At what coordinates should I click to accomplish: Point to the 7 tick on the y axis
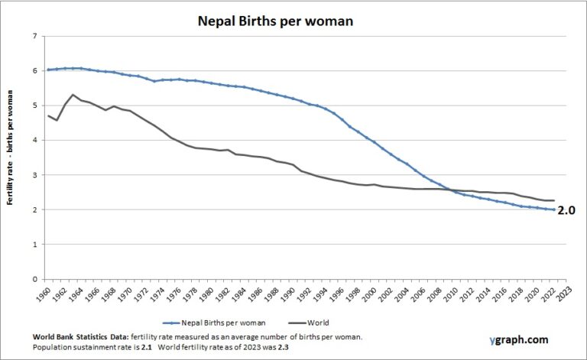click(35, 36)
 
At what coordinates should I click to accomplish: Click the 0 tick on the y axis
click(35, 279)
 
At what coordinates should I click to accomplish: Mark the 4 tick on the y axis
click(35, 140)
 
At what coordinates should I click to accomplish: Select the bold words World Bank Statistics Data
click(80, 336)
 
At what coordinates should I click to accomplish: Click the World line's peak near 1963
click(73, 95)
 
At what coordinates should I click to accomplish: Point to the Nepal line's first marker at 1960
click(49, 70)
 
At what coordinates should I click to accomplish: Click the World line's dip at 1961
click(57, 120)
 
